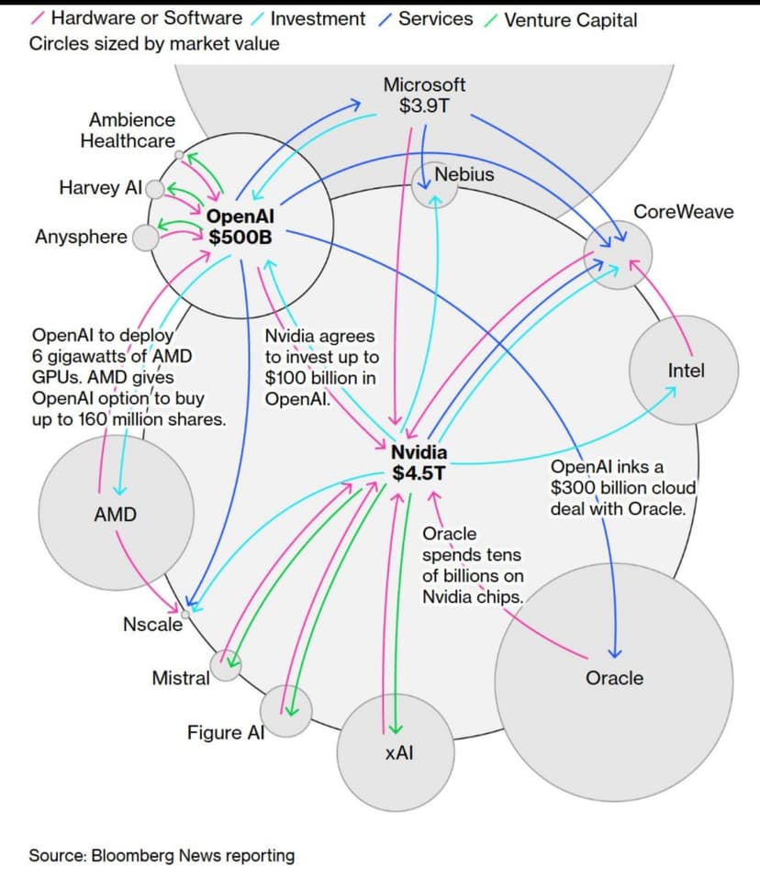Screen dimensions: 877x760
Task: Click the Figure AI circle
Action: [285, 711]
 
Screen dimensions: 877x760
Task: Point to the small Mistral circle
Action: [226, 664]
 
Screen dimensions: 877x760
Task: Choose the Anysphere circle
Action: [145, 238]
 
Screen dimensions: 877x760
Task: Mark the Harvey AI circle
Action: [155, 189]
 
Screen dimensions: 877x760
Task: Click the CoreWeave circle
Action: [619, 256]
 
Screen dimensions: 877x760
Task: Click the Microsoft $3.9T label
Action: [424, 95]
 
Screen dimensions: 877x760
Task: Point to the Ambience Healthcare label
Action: [131, 130]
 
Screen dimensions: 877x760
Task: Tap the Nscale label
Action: [152, 625]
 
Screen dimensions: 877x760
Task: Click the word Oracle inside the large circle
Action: [614, 678]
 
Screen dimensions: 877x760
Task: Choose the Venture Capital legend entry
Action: [569, 19]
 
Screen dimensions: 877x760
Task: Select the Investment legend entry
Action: [318, 19]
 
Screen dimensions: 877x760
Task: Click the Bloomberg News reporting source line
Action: [162, 855]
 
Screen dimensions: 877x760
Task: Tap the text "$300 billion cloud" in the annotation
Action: [623, 487]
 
